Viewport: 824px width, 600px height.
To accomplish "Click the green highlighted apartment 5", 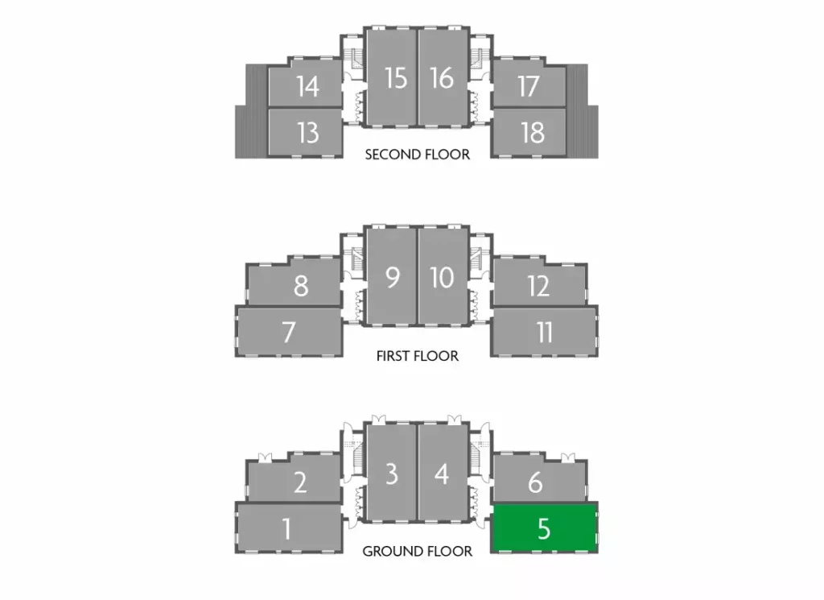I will tap(544, 528).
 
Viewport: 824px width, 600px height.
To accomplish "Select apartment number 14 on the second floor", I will tap(307, 85).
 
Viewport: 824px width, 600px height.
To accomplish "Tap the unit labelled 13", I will tap(307, 131).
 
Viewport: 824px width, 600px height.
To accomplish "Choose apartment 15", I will tap(394, 78).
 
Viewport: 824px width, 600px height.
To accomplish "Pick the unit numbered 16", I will tap(441, 78).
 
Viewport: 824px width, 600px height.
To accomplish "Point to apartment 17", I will tap(528, 85).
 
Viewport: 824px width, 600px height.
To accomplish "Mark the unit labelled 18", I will tap(532, 131).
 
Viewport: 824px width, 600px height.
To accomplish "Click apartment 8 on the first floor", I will tap(300, 285).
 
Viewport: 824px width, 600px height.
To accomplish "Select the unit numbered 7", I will tap(289, 331).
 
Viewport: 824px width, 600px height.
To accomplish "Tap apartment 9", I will tap(392, 277).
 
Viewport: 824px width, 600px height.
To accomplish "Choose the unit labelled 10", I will tap(442, 277).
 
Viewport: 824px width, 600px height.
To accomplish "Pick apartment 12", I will tap(538, 285).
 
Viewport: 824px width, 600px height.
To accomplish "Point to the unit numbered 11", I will tap(545, 331).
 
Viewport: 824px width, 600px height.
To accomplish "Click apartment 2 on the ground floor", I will tap(299, 482).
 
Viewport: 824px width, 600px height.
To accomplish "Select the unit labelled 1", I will tap(287, 528).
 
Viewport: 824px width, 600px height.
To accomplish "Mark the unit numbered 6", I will tap(535, 482).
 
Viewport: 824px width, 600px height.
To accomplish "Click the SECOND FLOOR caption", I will tap(417, 154).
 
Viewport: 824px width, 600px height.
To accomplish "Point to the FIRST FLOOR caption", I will tap(417, 355).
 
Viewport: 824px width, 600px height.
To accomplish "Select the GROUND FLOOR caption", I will tap(417, 552).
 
